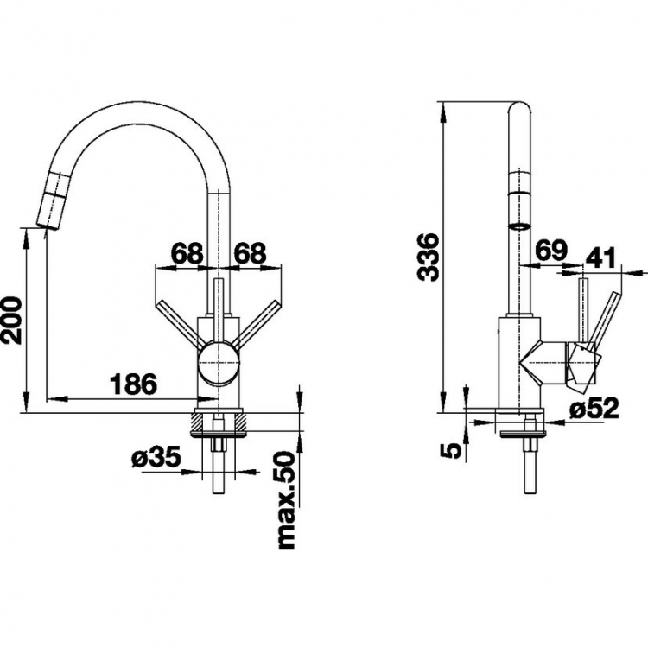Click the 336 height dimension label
(x=428, y=257)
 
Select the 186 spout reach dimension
(x=133, y=384)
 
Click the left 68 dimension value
(x=187, y=253)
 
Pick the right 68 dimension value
(x=250, y=253)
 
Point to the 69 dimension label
(x=551, y=250)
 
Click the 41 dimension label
(x=600, y=257)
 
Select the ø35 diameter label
(x=156, y=457)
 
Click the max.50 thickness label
(x=286, y=500)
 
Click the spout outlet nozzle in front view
(x=53, y=200)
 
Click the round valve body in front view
(x=219, y=363)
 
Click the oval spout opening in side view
(x=520, y=226)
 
